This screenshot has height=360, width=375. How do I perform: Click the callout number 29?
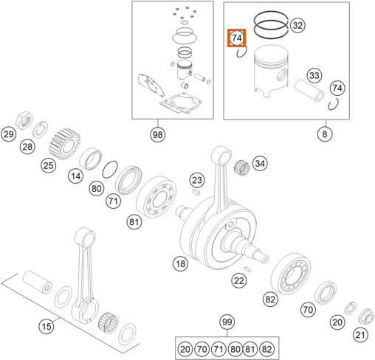pyautogui.click(x=9, y=134)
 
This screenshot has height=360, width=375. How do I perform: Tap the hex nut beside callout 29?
pyautogui.click(x=24, y=120)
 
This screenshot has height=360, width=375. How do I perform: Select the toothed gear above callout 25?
pyautogui.click(x=65, y=144)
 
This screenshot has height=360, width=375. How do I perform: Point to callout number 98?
pyautogui.click(x=157, y=134)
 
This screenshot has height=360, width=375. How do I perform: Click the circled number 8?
pyautogui.click(x=325, y=134)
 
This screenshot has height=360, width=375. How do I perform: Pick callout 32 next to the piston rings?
pyautogui.click(x=297, y=25)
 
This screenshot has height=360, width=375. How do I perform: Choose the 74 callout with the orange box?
pyautogui.click(x=236, y=38)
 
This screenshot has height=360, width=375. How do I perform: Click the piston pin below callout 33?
pyautogui.click(x=309, y=91)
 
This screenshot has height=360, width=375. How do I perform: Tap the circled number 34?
pyautogui.click(x=260, y=163)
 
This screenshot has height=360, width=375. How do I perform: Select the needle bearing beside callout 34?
pyautogui.click(x=242, y=168)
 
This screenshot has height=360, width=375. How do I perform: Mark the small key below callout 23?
pyautogui.click(x=196, y=192)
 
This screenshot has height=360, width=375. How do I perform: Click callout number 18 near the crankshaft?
pyautogui.click(x=180, y=264)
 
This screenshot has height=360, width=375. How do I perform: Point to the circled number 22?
pyautogui.click(x=238, y=280)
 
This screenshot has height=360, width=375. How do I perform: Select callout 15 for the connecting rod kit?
pyautogui.click(x=47, y=327)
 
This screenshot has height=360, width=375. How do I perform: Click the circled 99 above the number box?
pyautogui.click(x=227, y=322)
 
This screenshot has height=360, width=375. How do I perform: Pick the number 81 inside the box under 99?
pyautogui.click(x=250, y=349)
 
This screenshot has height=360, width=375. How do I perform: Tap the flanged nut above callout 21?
pyautogui.click(x=366, y=316)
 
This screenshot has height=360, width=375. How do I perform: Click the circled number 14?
pyautogui.click(x=75, y=176)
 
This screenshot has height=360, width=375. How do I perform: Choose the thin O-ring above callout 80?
pyautogui.click(x=110, y=170)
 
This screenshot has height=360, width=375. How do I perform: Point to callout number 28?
pyautogui.click(x=27, y=147)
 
